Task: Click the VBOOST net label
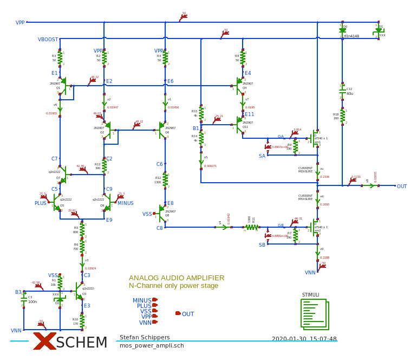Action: click(x=48, y=40)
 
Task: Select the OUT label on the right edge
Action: click(x=402, y=187)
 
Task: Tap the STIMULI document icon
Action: click(x=315, y=314)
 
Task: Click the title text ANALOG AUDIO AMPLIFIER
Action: click(x=177, y=278)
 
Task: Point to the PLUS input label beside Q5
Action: click(x=41, y=203)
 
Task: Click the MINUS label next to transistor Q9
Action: click(x=126, y=203)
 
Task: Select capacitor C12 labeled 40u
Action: click(x=342, y=91)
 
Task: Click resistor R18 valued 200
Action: click(x=342, y=116)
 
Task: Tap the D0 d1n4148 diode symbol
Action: click(x=342, y=31)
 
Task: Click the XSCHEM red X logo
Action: click(x=44, y=342)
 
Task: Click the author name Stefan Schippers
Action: click(x=145, y=337)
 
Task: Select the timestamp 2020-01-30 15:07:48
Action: click(x=304, y=339)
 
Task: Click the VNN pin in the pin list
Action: click(x=146, y=323)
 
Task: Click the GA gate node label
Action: click(x=281, y=137)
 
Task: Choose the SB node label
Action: click(x=262, y=245)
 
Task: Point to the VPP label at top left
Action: click(x=20, y=23)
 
